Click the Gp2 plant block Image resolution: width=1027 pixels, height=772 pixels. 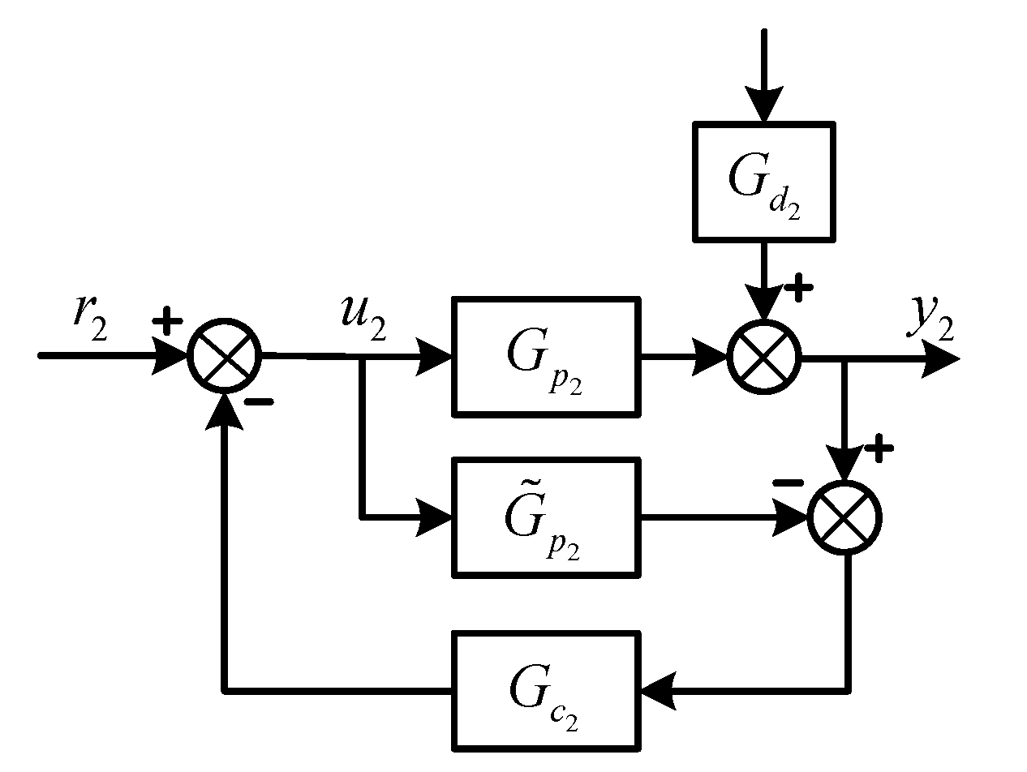click(545, 357)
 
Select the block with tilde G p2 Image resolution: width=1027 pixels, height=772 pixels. click(545, 517)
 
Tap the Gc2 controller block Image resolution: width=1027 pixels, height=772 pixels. click(545, 691)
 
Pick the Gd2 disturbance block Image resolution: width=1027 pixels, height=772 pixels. click(763, 182)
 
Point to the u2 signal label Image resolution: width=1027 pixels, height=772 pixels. click(362, 317)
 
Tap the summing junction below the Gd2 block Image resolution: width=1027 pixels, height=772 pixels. click(763, 357)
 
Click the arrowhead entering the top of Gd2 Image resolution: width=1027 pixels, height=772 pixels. click(763, 105)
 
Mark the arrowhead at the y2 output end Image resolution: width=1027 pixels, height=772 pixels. click(941, 358)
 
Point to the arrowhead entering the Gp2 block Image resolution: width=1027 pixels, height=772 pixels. click(435, 357)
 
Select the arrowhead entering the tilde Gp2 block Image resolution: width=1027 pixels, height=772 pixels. click(435, 517)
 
